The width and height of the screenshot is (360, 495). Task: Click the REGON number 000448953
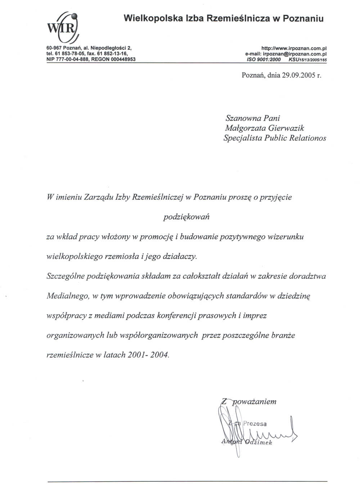[123, 59]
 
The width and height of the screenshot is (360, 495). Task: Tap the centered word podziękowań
[186, 217]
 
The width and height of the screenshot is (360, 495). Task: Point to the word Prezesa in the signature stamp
[255, 423]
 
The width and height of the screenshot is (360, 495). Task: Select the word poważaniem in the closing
[255, 401]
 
